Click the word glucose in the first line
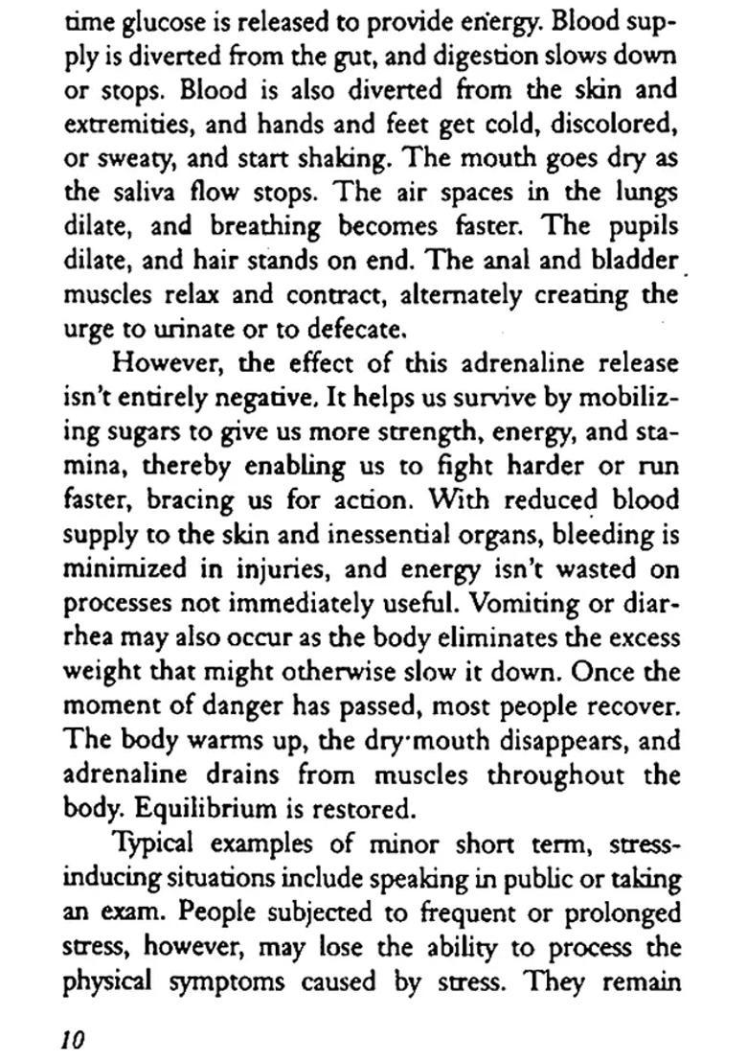pyautogui.click(x=163, y=20)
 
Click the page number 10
pyautogui.click(x=72, y=1037)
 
